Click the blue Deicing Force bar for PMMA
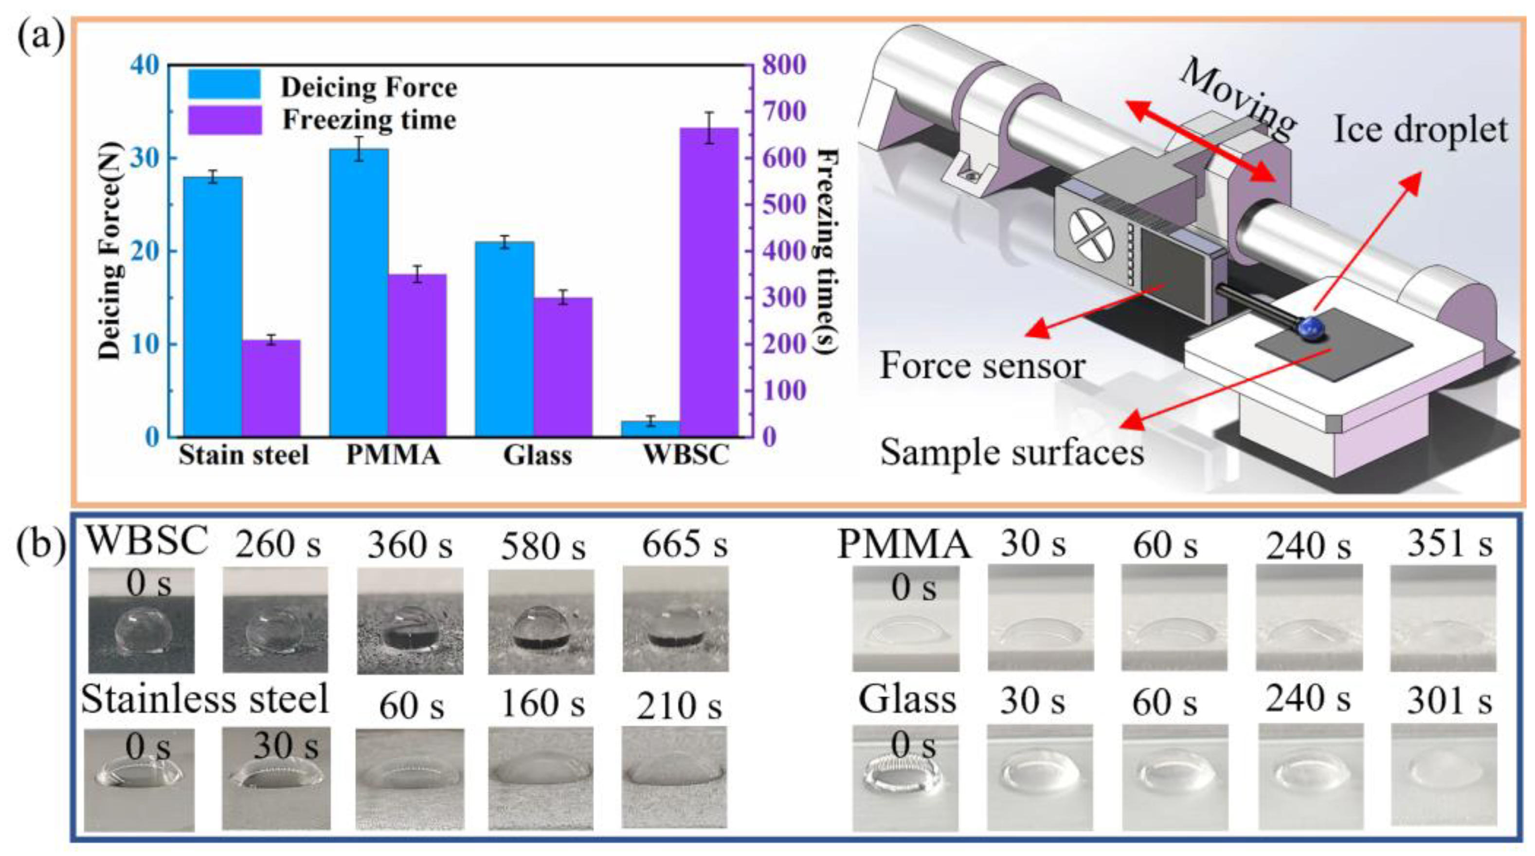click(x=359, y=292)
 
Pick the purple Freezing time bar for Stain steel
click(x=271, y=387)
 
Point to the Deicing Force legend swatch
click(x=225, y=84)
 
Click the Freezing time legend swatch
click(x=225, y=120)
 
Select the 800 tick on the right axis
click(x=784, y=65)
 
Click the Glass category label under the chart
click(x=538, y=456)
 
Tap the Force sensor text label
click(x=982, y=365)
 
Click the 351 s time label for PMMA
click(x=1450, y=544)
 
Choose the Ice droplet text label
click(x=1421, y=129)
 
